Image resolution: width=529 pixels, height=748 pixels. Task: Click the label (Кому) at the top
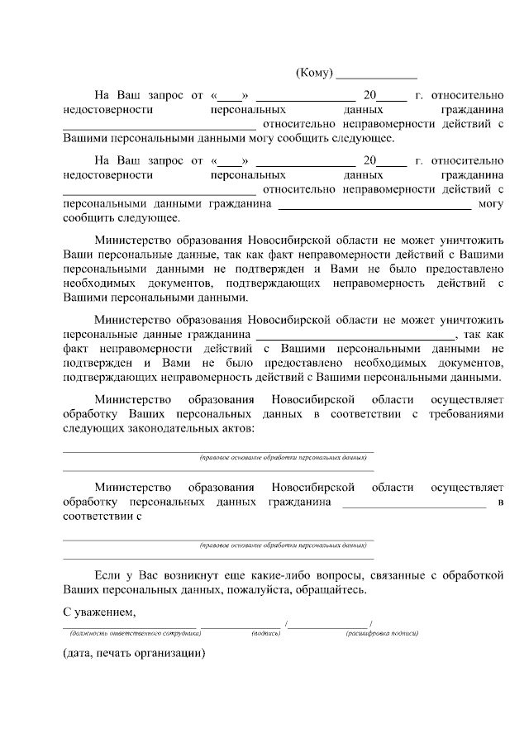[x=314, y=74]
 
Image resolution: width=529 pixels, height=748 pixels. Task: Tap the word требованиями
[x=465, y=413]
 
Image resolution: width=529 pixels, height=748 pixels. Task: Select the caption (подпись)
[x=266, y=633]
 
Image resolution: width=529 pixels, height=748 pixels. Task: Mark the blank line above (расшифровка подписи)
[x=330, y=626]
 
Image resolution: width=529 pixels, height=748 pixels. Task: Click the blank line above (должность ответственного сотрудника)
[x=165, y=626]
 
